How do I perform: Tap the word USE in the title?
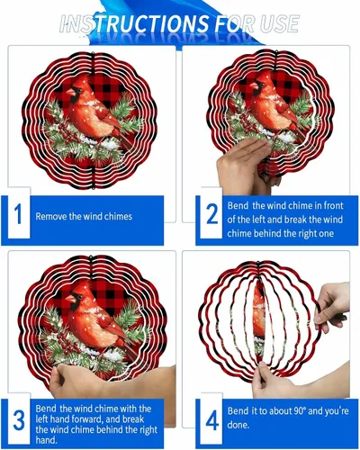coord(280,23)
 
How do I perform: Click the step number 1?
coord(18,214)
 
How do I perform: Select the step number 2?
coord(211,214)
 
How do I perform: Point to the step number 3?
coord(19,420)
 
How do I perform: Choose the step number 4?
coord(212,420)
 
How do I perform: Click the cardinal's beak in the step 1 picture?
coord(71,92)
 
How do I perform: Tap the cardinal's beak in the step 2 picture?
coord(254,85)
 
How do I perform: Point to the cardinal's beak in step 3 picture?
coord(71,299)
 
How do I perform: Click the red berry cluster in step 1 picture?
coord(67,133)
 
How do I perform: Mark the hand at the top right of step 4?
coord(331,304)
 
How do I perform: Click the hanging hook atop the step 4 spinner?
coord(257,264)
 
